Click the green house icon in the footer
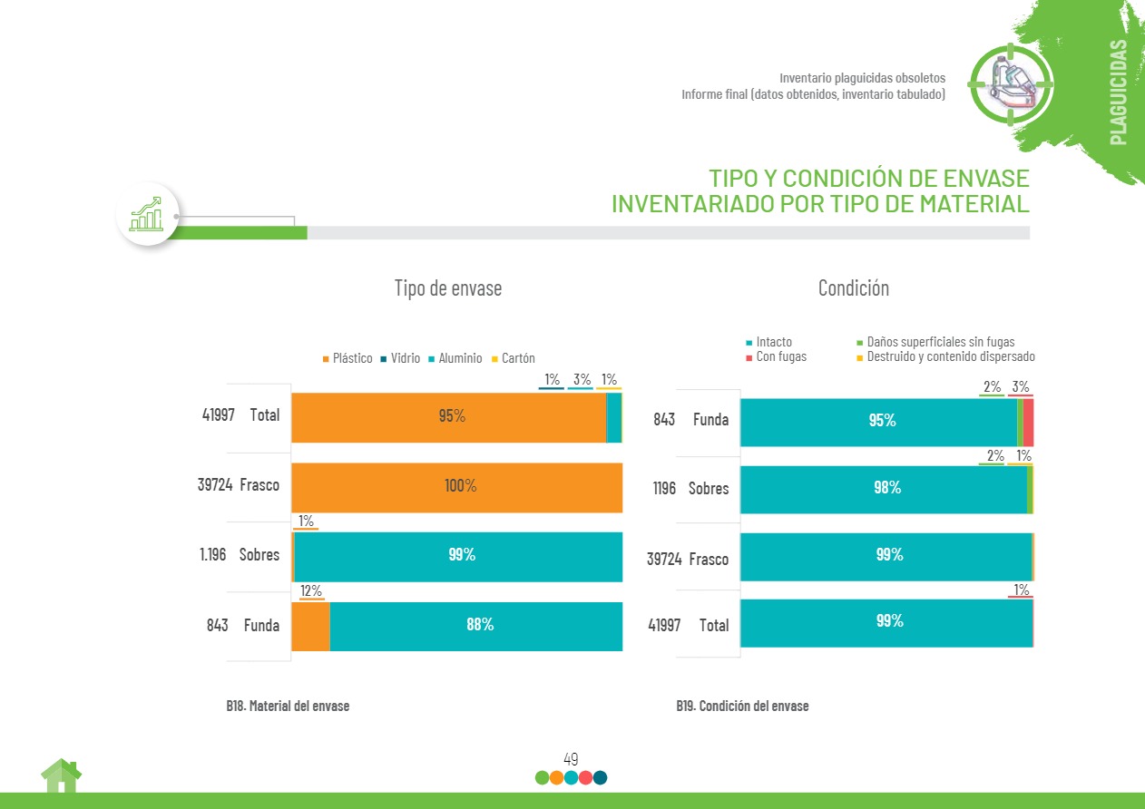[61, 775]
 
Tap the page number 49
[571, 759]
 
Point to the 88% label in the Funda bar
[480, 625]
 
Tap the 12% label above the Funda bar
[311, 591]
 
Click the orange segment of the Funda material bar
[310, 626]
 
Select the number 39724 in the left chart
[215, 485]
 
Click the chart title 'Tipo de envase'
[447, 288]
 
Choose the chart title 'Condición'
[853, 288]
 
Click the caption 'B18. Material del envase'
[288, 706]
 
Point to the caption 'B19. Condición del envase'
[742, 706]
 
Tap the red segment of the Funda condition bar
[1028, 422]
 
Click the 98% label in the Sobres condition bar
[886, 488]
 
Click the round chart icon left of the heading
[147, 214]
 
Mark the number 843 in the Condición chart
[664, 420]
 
